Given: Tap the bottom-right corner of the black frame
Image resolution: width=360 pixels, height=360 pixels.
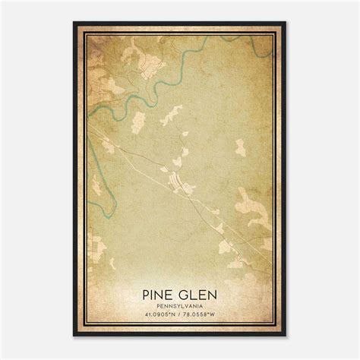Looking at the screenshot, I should (x=287, y=336).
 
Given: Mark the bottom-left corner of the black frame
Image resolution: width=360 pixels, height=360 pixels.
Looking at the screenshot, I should (x=74, y=336).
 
